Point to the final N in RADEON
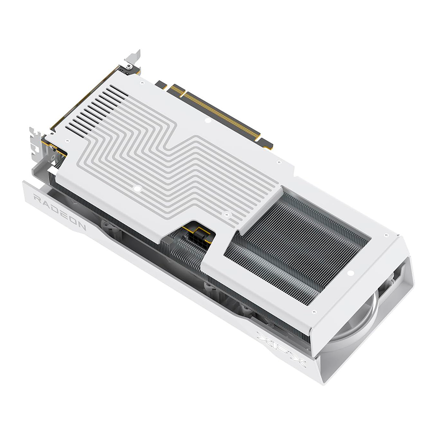click(x=81, y=227)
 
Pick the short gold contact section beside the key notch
click(x=177, y=90)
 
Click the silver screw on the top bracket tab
click(x=128, y=66)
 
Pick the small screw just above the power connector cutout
click(x=225, y=214)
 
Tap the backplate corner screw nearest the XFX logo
click(x=314, y=312)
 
